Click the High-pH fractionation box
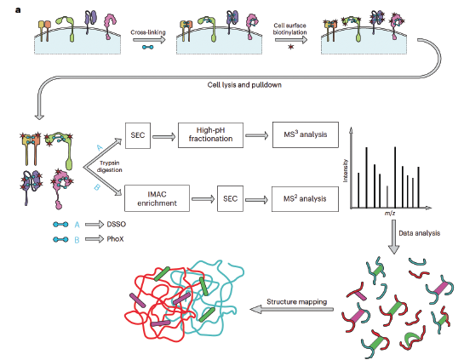point(210,135)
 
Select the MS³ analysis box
point(306,134)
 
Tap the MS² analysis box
point(305,199)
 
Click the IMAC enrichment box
point(157,198)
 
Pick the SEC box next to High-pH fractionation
point(138,135)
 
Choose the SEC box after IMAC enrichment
point(230,198)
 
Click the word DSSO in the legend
point(117,224)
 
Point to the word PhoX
point(115,238)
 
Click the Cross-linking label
point(148,32)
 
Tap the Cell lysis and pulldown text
point(244,85)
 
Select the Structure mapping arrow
point(292,310)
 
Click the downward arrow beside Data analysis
point(394,237)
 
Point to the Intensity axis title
point(345,171)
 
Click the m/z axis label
point(390,213)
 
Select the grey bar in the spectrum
point(387,197)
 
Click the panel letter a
point(18,10)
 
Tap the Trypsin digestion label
point(110,166)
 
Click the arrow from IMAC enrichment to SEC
point(203,199)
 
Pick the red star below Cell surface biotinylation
point(291,47)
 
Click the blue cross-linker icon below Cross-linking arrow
point(148,47)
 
